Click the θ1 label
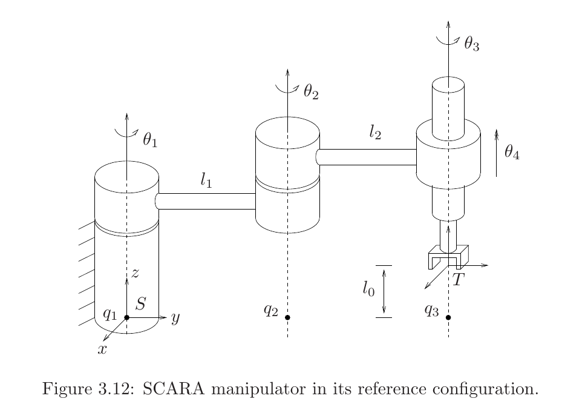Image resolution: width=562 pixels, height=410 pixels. tap(149, 141)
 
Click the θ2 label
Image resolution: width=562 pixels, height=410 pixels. tap(310, 92)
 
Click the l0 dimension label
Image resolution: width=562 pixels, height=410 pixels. tap(368, 291)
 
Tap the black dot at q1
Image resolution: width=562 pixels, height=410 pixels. tap(126, 317)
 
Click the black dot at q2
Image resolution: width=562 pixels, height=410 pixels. tap(287, 317)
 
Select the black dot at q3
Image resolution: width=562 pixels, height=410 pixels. tap(448, 317)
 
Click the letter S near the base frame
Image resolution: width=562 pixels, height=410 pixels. tap(140, 304)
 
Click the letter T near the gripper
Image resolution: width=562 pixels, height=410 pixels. tap(459, 280)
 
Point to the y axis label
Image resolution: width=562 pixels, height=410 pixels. tap(175, 318)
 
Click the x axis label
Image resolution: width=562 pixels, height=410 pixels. tap(103, 349)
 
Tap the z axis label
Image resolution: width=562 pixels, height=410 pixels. tap(136, 274)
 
